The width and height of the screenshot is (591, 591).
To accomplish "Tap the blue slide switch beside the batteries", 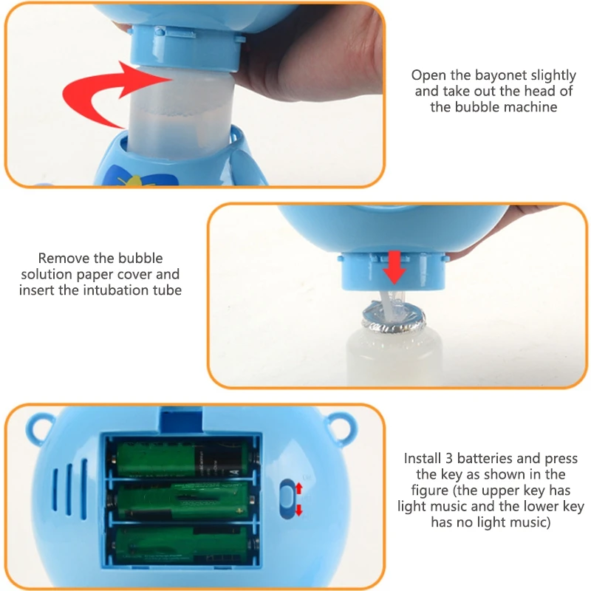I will (x=287, y=499).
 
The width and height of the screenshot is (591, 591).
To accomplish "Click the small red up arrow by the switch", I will (x=299, y=488).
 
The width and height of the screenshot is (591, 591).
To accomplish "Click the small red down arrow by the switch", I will (x=299, y=510).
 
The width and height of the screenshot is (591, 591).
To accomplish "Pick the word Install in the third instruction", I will (x=423, y=458).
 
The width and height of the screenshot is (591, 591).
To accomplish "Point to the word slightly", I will (x=548, y=75).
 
